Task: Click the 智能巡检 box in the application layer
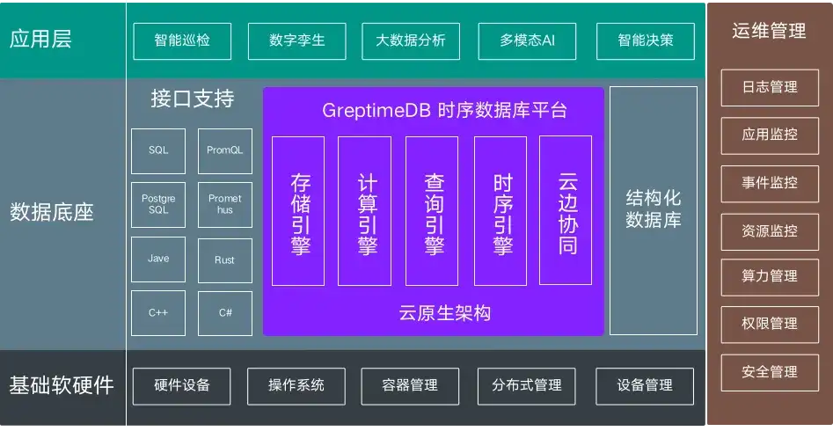point(182,40)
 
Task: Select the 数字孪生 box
point(298,40)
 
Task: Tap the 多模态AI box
point(527,40)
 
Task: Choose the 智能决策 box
point(645,40)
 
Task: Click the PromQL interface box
point(225,150)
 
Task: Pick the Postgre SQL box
point(158,205)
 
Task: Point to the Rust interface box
point(225,259)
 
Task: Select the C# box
point(225,313)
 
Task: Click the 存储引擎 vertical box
point(298,211)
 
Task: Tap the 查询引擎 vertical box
point(433,211)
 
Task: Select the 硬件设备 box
point(182,385)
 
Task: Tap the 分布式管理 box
point(527,385)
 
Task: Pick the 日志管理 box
point(770,87)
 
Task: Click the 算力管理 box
point(770,276)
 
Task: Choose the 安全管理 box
point(770,372)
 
